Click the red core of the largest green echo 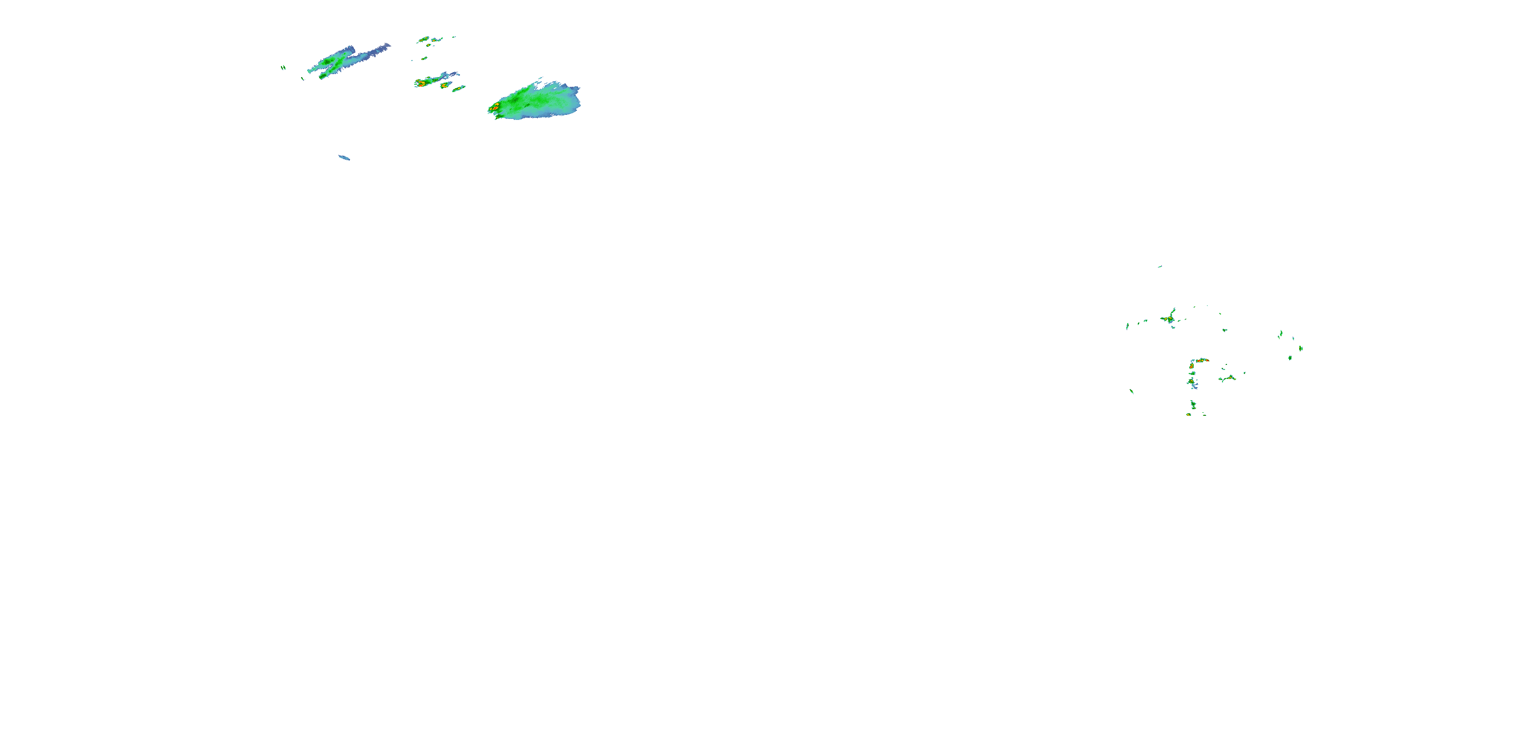click(x=495, y=107)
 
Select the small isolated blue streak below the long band click(x=344, y=157)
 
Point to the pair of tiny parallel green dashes click(x=283, y=68)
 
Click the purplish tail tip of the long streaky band click(x=386, y=45)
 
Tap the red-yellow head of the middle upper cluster click(x=421, y=83)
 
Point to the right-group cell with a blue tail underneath click(x=1193, y=385)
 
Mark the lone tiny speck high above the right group click(x=1159, y=267)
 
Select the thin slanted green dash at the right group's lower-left click(x=1131, y=391)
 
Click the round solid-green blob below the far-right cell click(x=1290, y=357)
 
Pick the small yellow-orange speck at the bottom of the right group click(x=1188, y=414)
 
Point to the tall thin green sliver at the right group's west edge click(x=1127, y=326)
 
